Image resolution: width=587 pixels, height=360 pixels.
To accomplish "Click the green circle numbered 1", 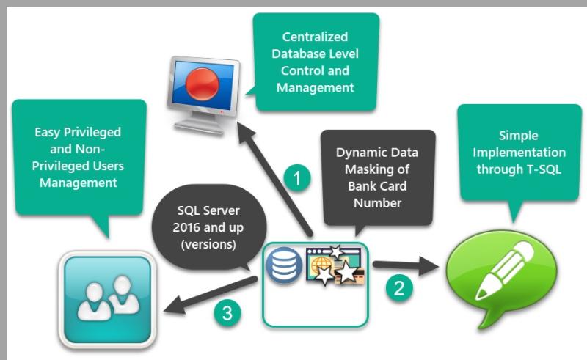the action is pos(297,177).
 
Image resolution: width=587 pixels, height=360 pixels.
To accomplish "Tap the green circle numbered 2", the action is pos(399,287).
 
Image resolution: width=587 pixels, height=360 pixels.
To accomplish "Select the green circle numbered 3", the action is pos(227,313).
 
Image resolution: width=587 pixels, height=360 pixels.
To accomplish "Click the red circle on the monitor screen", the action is pos(203,84).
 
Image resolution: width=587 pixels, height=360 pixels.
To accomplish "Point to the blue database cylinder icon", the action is pos(284,265).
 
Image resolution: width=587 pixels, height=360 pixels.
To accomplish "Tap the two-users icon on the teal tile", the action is pos(108,298).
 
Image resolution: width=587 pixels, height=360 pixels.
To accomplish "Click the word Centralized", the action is pos(315,37).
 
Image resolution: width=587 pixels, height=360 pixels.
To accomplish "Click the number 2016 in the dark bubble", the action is pos(186,227).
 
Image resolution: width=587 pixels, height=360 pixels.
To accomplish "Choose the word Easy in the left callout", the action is pos(48,133).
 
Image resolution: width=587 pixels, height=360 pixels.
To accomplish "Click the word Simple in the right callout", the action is pos(519,136).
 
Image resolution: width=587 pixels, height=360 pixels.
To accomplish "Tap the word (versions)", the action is pos(208,244).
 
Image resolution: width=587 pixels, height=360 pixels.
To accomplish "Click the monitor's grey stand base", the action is pos(199,128).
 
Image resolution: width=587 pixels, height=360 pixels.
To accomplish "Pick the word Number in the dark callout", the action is pos(377,203).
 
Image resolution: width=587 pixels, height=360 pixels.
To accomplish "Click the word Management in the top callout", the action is pos(316,88).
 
